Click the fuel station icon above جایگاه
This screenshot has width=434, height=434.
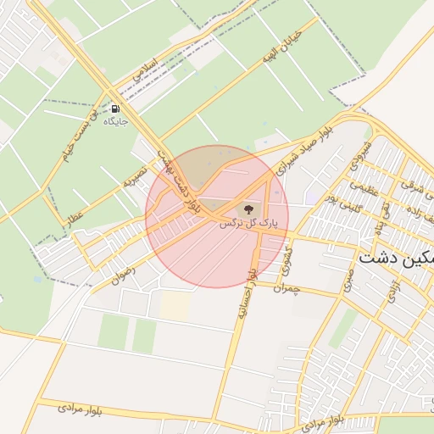point(114,108)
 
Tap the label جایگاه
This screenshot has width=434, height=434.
point(114,122)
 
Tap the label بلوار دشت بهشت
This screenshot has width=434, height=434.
point(181,177)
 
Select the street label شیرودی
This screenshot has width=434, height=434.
point(361,154)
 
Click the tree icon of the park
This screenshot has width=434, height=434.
point(248,209)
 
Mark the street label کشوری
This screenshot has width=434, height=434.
point(288,253)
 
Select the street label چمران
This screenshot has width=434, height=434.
point(288,288)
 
